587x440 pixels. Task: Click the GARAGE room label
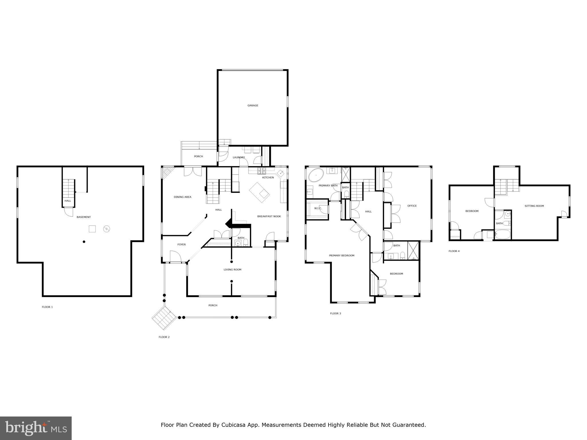pos(253,105)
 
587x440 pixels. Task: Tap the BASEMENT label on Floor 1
pos(84,217)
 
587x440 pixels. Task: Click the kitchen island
pos(259,192)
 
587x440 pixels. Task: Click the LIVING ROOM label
pos(232,270)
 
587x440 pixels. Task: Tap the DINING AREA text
pos(183,197)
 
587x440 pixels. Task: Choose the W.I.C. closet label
pos(318,208)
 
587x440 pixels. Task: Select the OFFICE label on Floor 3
pos(412,206)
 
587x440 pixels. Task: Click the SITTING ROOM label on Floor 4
pos(534,206)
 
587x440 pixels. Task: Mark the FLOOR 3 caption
pos(335,313)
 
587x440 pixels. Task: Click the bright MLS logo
pos(36,428)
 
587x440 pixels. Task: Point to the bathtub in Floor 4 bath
pos(502,235)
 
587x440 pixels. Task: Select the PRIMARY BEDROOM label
pos(342,256)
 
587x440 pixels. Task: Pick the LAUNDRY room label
pos(239,158)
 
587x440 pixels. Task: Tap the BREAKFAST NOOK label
pos(269,216)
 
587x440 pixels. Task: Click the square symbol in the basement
pos(92,229)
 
